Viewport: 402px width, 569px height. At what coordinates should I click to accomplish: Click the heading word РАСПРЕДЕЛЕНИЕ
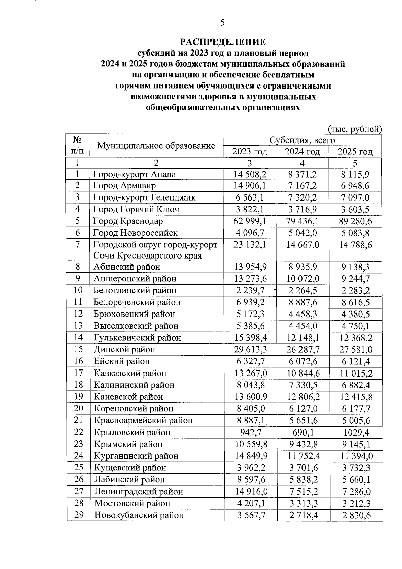[223, 42]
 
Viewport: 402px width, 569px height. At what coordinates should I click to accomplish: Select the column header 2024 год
[302, 152]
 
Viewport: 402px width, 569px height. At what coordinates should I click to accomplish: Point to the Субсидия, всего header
[302, 140]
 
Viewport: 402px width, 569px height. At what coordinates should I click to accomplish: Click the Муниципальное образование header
[156, 146]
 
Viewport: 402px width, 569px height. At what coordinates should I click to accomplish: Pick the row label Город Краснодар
[128, 221]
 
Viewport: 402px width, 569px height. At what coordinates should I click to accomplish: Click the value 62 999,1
[250, 221]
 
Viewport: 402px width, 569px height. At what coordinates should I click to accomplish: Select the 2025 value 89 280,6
[355, 221]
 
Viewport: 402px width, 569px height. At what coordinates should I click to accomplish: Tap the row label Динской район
[124, 349]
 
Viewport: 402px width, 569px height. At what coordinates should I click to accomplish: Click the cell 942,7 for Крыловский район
[250, 432]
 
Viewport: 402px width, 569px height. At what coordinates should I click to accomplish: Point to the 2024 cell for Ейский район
[302, 361]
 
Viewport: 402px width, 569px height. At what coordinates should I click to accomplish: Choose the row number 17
[78, 373]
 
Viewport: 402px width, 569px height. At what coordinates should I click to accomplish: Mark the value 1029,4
[355, 432]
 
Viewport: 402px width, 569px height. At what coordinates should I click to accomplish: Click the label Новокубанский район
[139, 515]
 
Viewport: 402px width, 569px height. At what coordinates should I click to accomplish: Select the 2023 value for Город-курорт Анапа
[250, 174]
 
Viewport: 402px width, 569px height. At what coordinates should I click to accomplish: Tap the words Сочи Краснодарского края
[148, 256]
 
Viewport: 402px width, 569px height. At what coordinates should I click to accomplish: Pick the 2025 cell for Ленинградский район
[355, 492]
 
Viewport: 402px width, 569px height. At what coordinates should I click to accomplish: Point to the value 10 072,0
[302, 279]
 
